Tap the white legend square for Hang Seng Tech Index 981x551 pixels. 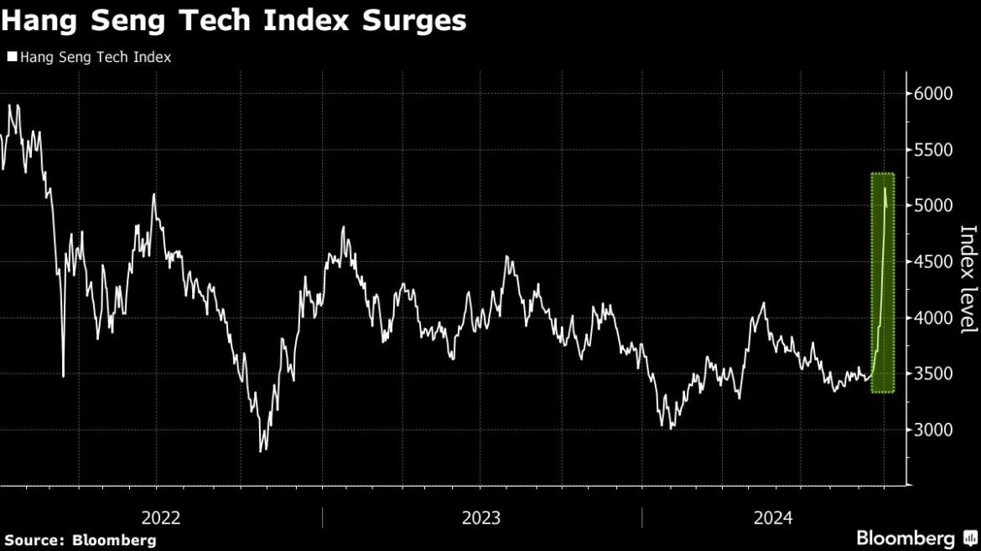coord(12,57)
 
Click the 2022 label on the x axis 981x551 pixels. coord(162,518)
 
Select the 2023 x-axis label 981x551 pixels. coord(481,518)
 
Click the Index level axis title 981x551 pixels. coord(968,279)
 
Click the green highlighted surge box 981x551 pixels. coord(882,282)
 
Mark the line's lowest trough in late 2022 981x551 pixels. coord(262,451)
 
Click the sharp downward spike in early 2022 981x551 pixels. coord(64,375)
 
